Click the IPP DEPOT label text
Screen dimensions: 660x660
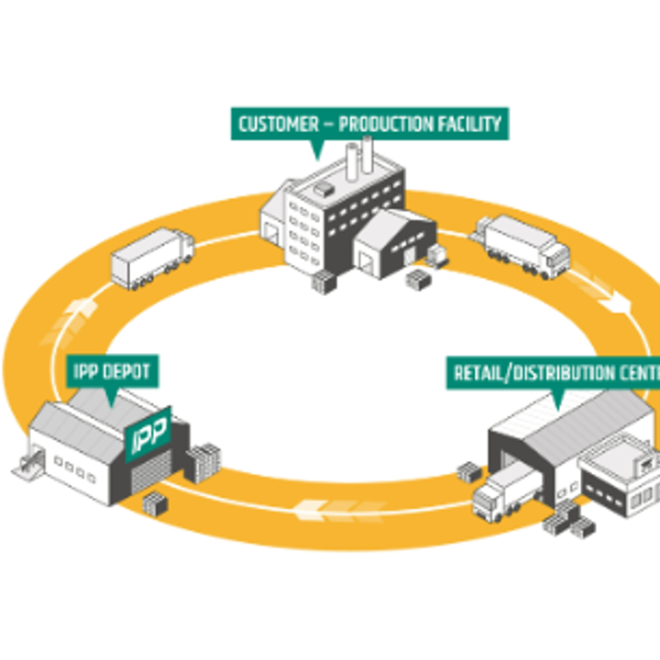point(112,372)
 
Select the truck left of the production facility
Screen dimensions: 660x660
point(152,258)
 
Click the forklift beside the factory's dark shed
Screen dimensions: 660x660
point(437,258)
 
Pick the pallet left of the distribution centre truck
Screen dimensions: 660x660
point(469,473)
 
